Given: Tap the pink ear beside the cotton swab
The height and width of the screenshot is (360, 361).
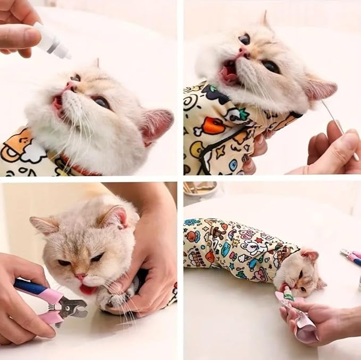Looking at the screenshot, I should coord(321,89).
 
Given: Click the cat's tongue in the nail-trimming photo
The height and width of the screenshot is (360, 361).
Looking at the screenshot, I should coord(88,289).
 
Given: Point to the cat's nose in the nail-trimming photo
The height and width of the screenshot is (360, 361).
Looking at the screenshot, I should coord(80,277).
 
